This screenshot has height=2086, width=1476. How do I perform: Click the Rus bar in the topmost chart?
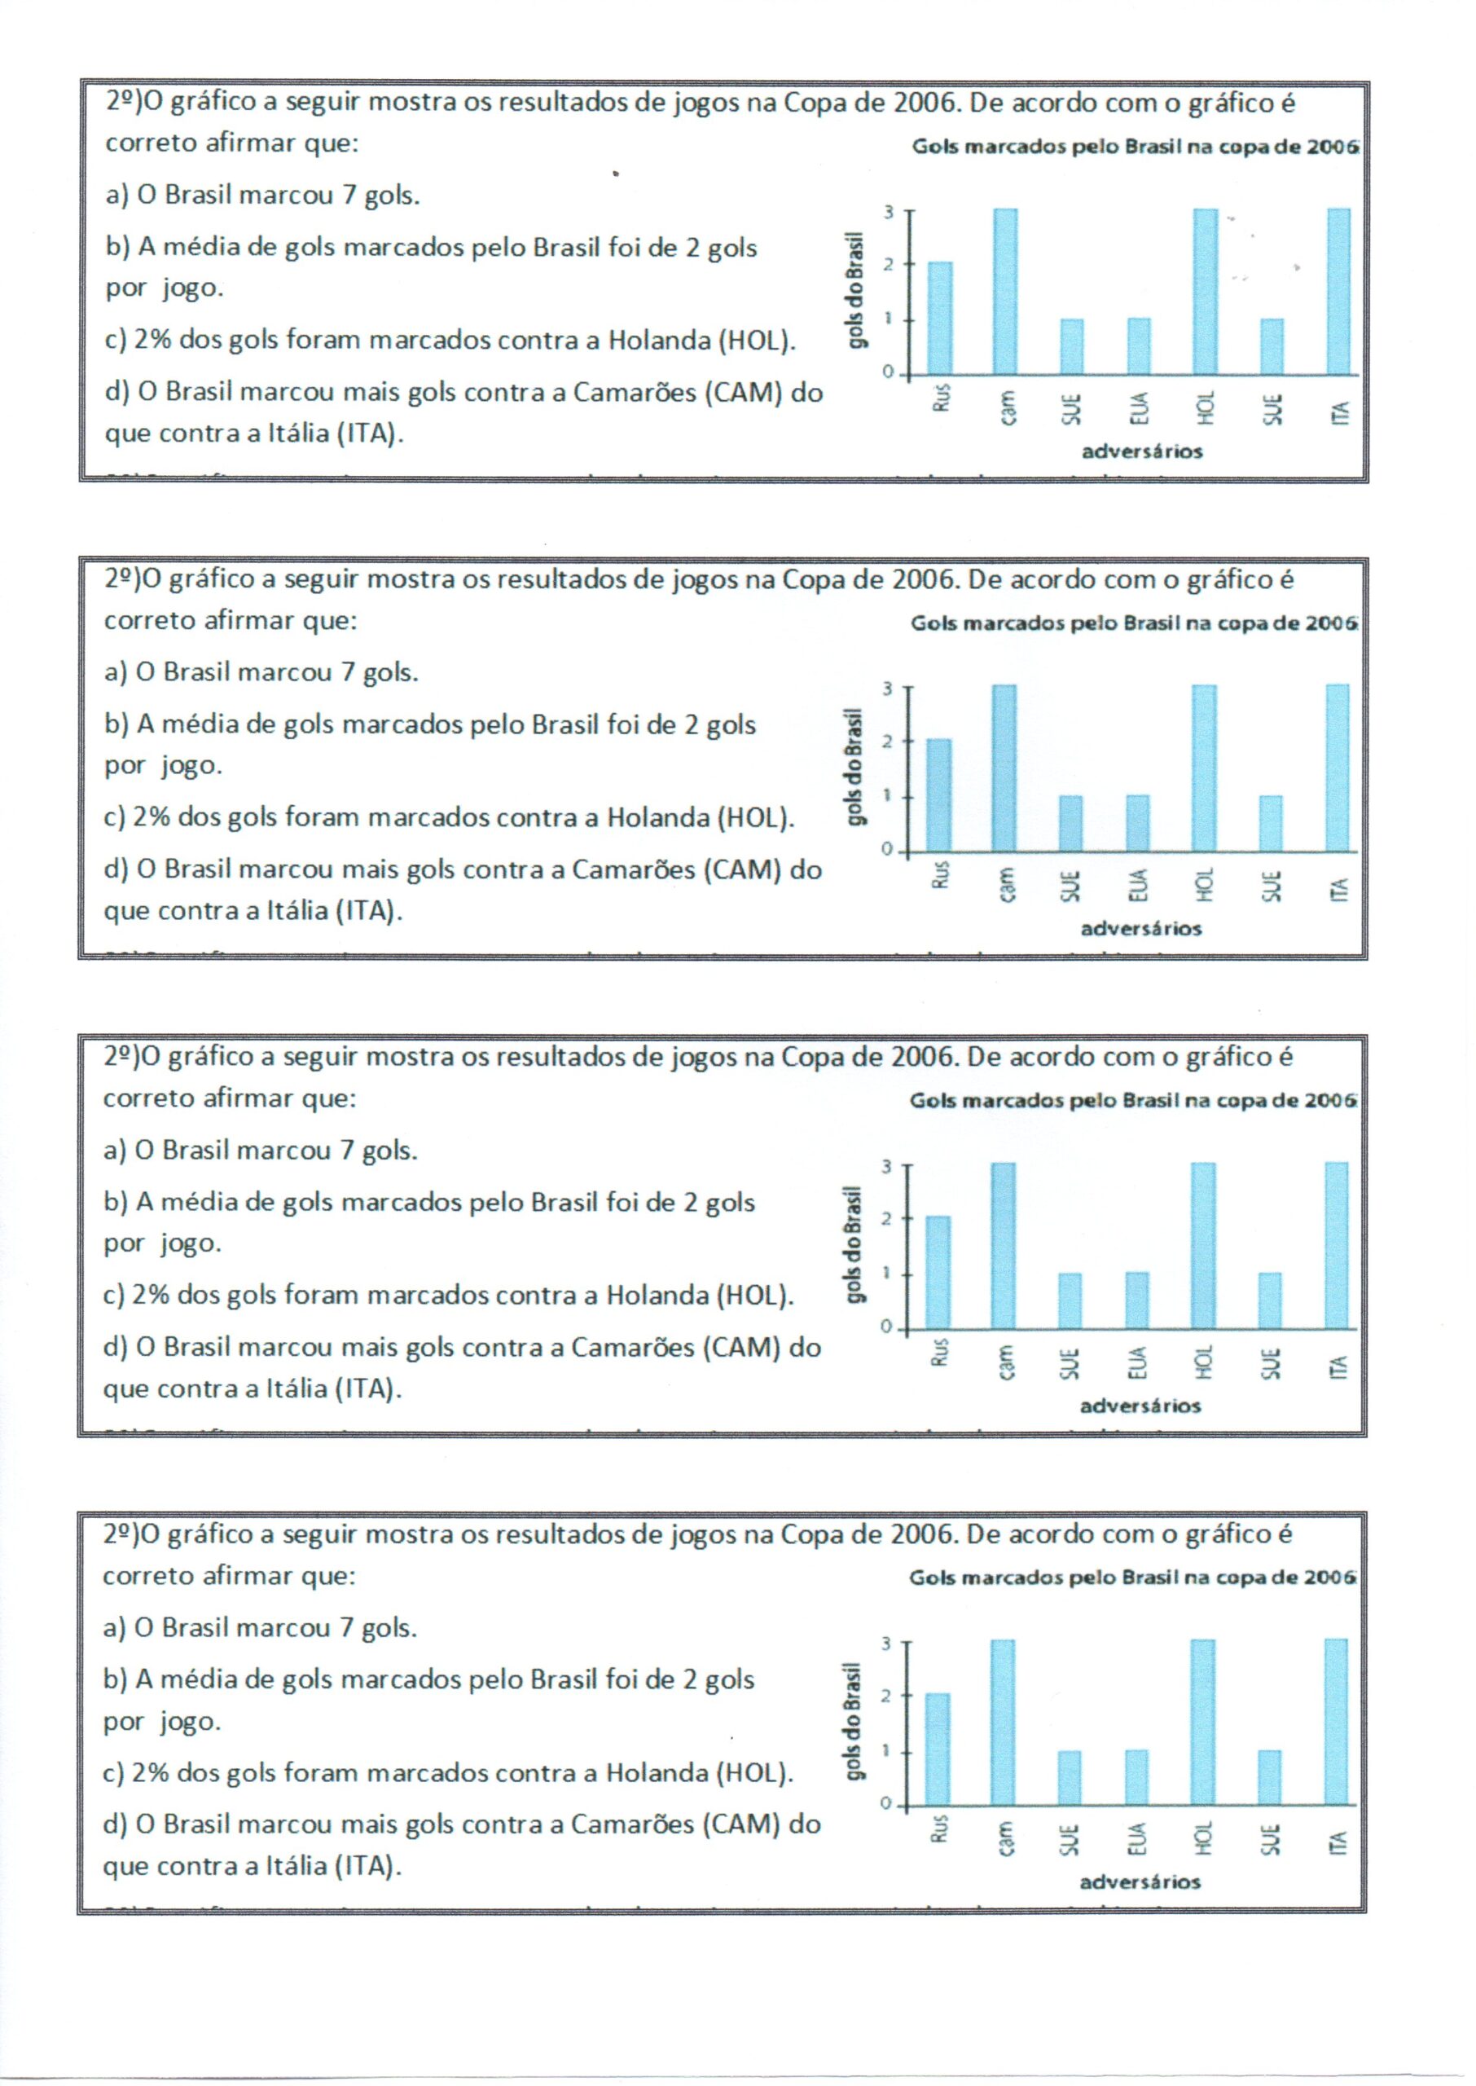click(940, 318)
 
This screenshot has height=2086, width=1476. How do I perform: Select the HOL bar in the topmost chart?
click(1206, 291)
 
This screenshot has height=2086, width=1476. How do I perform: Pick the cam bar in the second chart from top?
click(1004, 768)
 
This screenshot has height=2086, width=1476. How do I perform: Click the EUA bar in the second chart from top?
click(1138, 824)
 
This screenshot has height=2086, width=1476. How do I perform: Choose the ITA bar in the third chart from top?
click(1336, 1245)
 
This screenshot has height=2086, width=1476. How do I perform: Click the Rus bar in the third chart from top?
click(938, 1273)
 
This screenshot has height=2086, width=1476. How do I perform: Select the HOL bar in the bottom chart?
click(1201, 1723)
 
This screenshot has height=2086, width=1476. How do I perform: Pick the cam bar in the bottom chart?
click(1004, 1723)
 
